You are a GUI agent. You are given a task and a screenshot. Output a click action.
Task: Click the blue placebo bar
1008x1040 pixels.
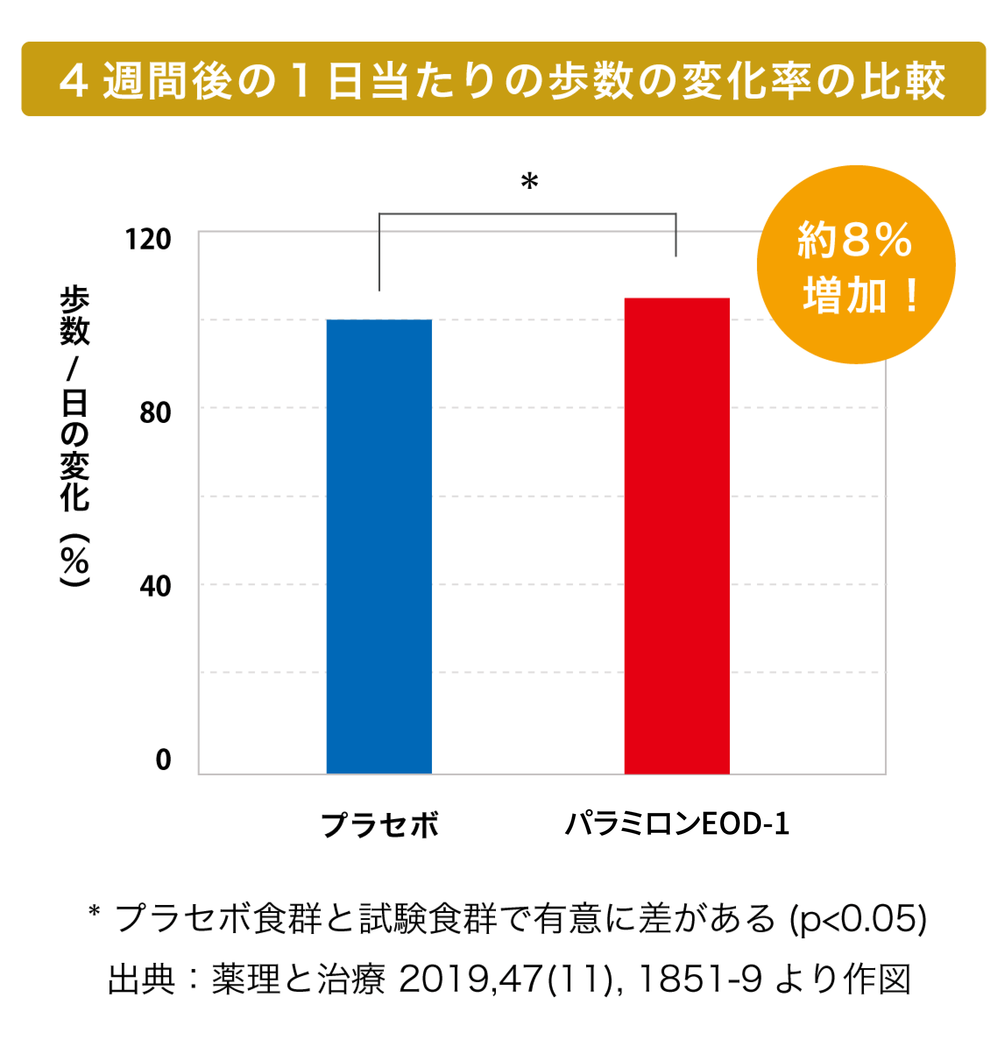pyautogui.click(x=379, y=547)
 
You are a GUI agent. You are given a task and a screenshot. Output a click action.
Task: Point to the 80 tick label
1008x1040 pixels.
pyautogui.click(x=155, y=413)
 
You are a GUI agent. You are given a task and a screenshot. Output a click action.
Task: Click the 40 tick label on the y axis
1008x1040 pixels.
pyautogui.click(x=155, y=586)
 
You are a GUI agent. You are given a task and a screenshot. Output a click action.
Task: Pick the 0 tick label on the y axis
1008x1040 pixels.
pyautogui.click(x=163, y=760)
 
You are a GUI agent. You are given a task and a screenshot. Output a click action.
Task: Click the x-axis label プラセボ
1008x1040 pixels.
pyautogui.click(x=380, y=825)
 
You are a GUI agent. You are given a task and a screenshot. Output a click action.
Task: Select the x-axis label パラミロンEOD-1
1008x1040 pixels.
pyautogui.click(x=677, y=824)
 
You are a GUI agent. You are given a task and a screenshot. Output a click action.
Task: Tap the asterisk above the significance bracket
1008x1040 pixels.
pyautogui.click(x=529, y=181)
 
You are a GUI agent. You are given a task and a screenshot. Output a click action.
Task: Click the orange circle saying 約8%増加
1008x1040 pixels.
pyautogui.click(x=856, y=265)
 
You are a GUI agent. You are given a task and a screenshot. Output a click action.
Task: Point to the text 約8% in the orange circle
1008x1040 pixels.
pyautogui.click(x=855, y=240)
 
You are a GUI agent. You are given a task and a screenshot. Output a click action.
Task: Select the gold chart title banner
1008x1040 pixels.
pyautogui.click(x=503, y=79)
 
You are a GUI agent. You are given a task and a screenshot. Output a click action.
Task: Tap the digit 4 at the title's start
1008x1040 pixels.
pyautogui.click(x=73, y=81)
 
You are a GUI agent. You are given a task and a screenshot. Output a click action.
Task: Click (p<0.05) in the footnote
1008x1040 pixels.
pyautogui.click(x=858, y=919)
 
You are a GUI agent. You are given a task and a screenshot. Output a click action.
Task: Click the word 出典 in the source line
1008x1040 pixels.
pyautogui.click(x=141, y=980)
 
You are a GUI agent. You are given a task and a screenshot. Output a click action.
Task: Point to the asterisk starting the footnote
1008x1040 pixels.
pyautogui.click(x=94, y=912)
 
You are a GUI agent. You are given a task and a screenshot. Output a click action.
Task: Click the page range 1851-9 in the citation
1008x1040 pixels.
pyautogui.click(x=700, y=979)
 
